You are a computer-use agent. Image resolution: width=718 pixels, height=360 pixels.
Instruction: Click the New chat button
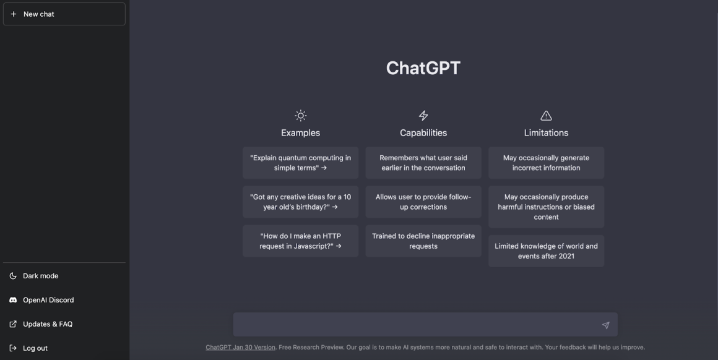click(64, 14)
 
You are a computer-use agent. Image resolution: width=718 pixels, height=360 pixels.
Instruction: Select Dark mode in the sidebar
click(41, 276)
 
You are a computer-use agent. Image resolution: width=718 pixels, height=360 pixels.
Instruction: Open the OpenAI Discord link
click(48, 300)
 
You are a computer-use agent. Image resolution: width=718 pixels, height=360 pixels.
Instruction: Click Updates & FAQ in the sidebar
click(48, 324)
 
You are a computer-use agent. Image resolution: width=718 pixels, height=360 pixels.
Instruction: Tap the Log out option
click(35, 348)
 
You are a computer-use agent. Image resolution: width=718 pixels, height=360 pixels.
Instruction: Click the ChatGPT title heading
click(423, 68)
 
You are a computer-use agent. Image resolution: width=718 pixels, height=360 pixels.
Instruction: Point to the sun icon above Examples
click(300, 116)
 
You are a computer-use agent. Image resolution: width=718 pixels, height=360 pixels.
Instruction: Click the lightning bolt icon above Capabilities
click(423, 116)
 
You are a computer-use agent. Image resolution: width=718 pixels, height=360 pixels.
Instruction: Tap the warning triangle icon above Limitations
click(546, 116)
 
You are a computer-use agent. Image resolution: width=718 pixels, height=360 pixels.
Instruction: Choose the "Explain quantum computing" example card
click(300, 163)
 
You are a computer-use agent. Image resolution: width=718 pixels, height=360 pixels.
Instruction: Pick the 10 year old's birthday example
click(300, 202)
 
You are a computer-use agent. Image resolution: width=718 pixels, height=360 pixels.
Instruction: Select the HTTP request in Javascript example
click(300, 241)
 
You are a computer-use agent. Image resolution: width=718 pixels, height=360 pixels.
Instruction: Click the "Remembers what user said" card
click(423, 163)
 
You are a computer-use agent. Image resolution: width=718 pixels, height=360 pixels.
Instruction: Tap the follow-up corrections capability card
click(423, 202)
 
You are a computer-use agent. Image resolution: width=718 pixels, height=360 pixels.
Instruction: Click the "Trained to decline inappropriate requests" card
click(423, 241)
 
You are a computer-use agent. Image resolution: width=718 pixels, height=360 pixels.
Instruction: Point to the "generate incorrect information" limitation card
click(546, 163)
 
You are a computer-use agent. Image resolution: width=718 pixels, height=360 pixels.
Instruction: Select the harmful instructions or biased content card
click(546, 207)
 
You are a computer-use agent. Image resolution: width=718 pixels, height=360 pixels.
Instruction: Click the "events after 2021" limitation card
click(546, 251)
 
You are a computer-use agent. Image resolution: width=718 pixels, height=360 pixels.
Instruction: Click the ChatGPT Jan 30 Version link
click(240, 347)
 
